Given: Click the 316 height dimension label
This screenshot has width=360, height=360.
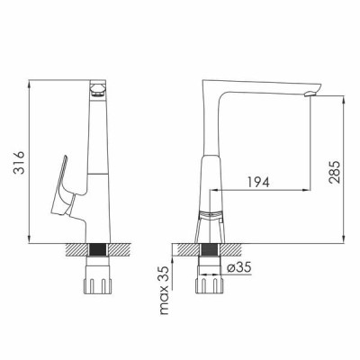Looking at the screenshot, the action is [19, 163].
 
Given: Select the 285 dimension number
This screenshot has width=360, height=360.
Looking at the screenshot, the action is [335, 172].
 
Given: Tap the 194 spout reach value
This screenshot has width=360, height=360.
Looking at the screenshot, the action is [258, 182].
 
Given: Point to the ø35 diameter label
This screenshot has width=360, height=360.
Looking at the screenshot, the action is [238, 267].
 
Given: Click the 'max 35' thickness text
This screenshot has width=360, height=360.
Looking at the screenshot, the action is [166, 290].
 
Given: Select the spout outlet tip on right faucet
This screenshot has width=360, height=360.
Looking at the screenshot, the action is [311, 93].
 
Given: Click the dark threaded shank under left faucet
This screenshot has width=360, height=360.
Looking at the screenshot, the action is [98, 250].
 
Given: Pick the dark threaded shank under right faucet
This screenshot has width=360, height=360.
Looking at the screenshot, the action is [210, 250].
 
